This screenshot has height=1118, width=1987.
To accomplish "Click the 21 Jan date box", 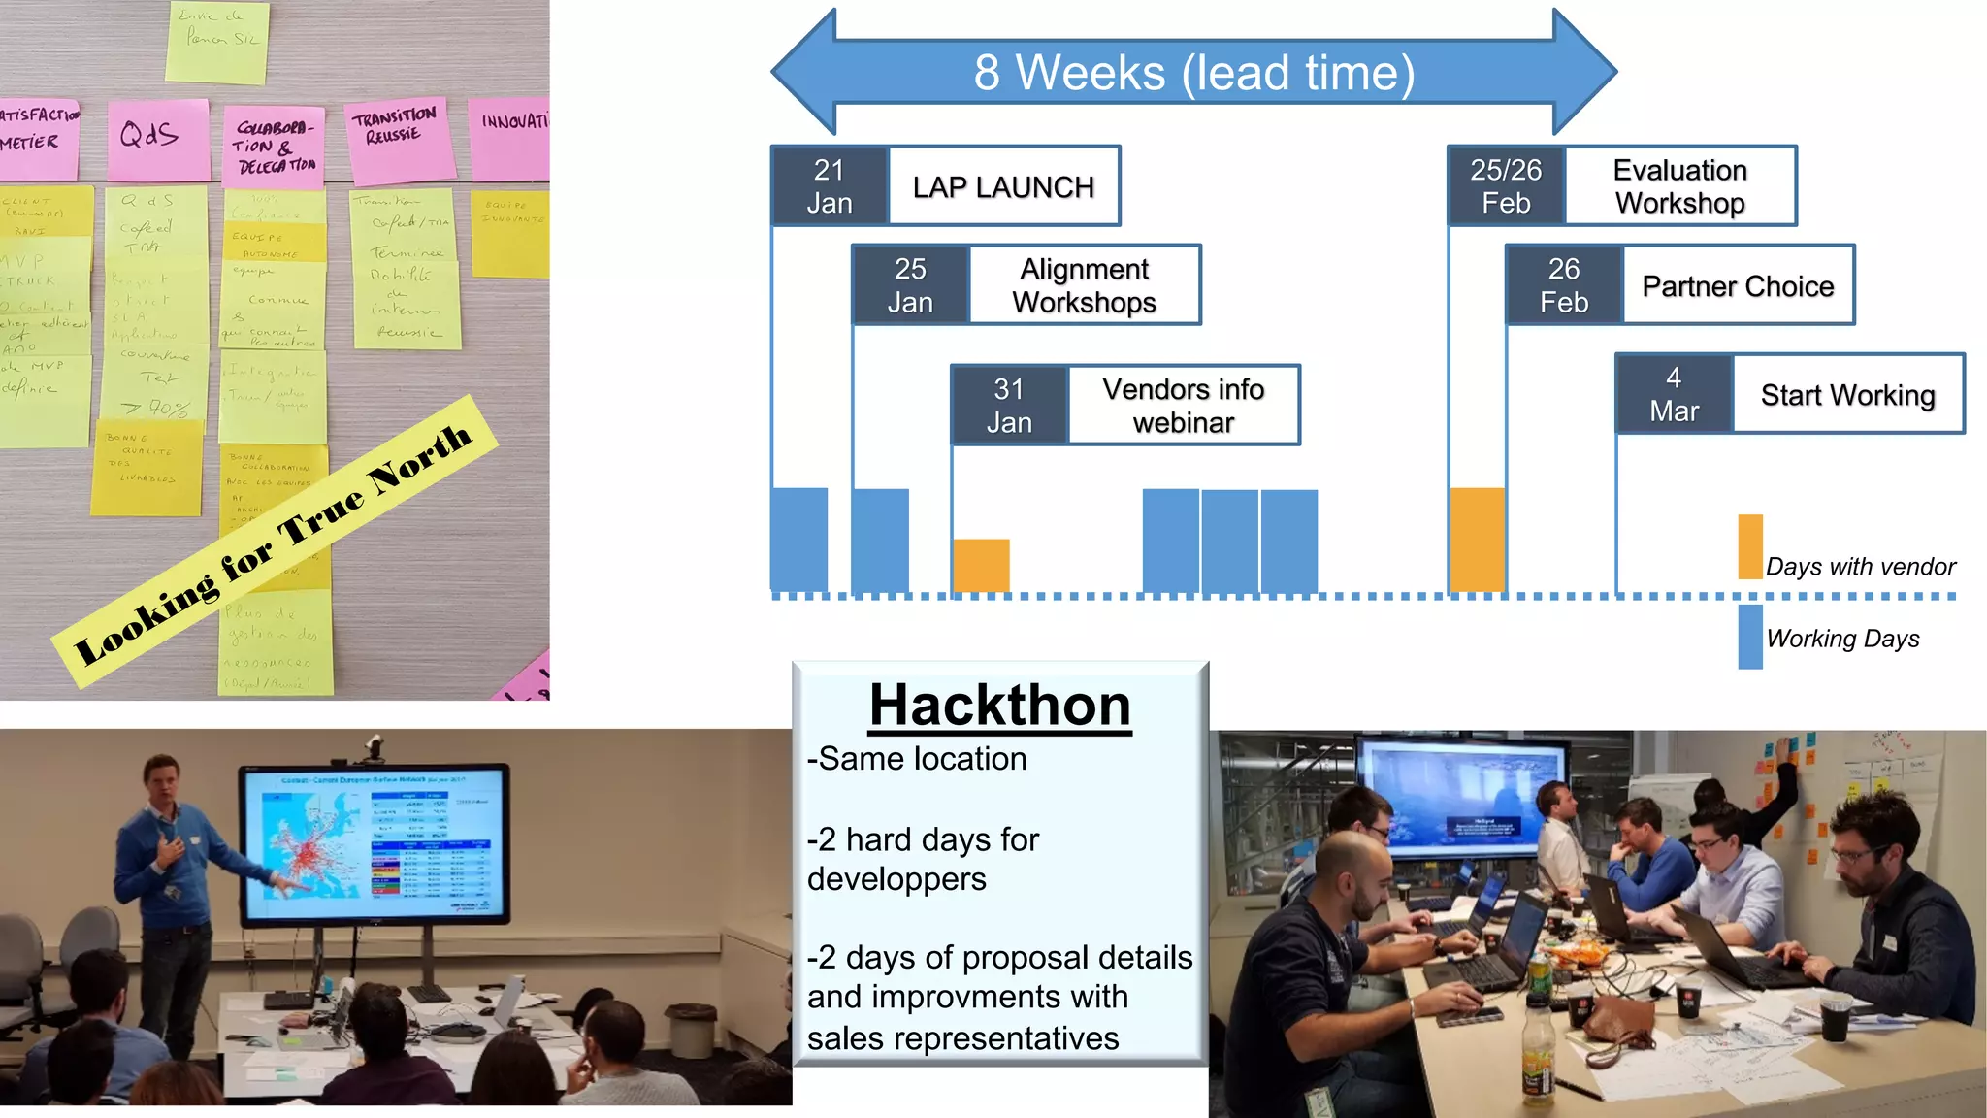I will pos(830,186).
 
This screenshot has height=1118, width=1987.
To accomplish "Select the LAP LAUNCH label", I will pos(1003,186).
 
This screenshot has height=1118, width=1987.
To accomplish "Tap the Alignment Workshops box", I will pos(1084,285).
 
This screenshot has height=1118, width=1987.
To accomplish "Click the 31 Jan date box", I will pos(1009,406).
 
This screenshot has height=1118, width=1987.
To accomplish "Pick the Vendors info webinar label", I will pos(1183,406).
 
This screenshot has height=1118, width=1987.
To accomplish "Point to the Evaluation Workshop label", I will pos(1679,186).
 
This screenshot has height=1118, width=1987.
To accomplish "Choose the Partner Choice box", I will pos(1738,286).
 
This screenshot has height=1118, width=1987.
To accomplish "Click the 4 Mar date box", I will pos(1674,394).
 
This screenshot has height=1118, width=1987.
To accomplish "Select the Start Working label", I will pos(1847,395).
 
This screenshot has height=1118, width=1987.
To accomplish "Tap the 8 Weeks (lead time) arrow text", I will pos(1193,73).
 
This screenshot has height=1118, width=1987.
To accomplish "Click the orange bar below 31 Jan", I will pos(981,566).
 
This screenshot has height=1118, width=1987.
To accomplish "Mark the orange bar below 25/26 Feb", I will pos(1477,540).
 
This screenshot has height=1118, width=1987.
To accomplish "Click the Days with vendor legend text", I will pos(1860,567).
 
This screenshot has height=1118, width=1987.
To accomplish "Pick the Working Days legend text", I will pos(1842,639).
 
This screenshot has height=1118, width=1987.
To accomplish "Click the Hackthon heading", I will pos(999,705).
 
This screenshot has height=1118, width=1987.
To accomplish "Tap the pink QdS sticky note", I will pos(157,139).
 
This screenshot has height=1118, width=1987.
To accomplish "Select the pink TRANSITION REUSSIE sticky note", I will pos(398,139).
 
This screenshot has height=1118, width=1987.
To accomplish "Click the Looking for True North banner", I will pos(274,543).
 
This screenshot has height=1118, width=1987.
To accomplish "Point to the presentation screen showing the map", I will pos(375,842).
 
